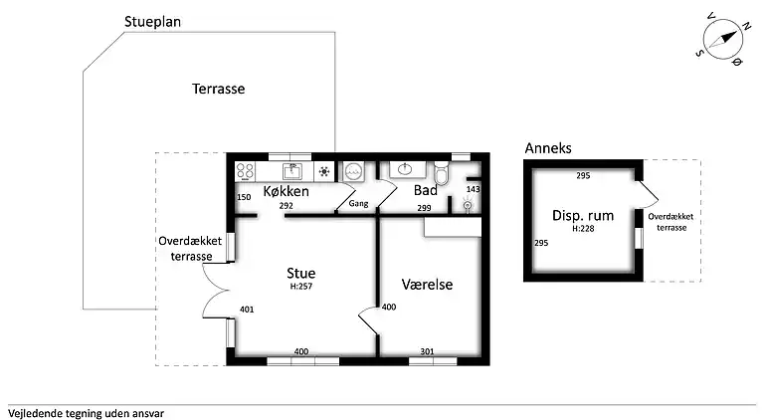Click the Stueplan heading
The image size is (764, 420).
(159, 22)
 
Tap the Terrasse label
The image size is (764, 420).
(220, 89)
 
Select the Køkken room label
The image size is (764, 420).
(286, 191)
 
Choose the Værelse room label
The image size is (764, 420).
(427, 284)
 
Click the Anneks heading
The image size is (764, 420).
(548, 148)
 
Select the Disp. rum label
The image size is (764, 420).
(583, 215)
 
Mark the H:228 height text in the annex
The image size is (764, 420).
(583, 228)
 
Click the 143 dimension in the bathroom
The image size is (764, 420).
(474, 189)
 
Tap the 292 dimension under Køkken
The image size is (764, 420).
(286, 207)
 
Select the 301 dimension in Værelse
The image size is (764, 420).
(426, 351)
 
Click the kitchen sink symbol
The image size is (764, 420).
(292, 170)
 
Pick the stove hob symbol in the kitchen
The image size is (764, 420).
(324, 170)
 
